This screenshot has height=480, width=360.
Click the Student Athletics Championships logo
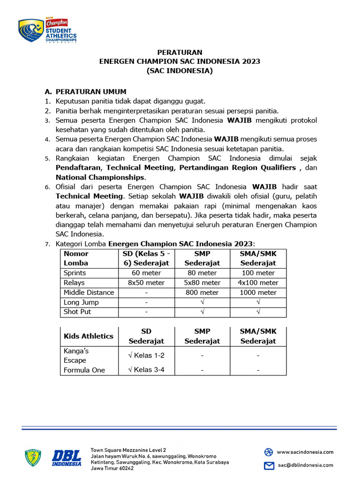(47, 31)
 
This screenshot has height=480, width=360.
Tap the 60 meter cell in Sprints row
(146, 273)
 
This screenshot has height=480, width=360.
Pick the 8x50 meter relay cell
(146, 283)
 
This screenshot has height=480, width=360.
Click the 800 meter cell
(202, 292)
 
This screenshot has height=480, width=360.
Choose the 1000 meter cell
(258, 292)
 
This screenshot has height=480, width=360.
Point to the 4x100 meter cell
(258, 283)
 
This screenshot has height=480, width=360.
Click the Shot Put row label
(77, 312)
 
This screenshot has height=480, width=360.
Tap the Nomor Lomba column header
(76, 258)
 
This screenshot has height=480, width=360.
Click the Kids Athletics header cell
(89, 336)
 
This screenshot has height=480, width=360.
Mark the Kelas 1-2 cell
(146, 355)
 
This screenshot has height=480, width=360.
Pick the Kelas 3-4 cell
(146, 370)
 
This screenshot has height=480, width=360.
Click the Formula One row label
(84, 370)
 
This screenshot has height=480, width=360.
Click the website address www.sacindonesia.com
(305, 452)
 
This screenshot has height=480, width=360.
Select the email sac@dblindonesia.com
(305, 465)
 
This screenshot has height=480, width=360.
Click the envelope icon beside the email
(269, 465)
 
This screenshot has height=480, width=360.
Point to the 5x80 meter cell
(202, 283)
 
